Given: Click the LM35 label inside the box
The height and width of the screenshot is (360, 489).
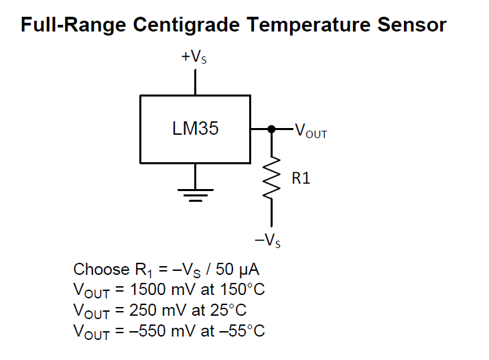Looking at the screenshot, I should tap(195, 129).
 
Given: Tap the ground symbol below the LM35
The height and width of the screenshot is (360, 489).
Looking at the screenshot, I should tap(196, 194).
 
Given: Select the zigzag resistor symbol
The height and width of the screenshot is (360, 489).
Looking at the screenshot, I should tap(271, 178).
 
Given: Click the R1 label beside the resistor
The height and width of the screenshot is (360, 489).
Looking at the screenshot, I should tap(301, 179).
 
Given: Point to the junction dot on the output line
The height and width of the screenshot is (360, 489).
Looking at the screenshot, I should tap(271, 129).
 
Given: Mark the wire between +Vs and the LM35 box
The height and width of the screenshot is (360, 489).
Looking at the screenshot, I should tap(195, 82).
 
